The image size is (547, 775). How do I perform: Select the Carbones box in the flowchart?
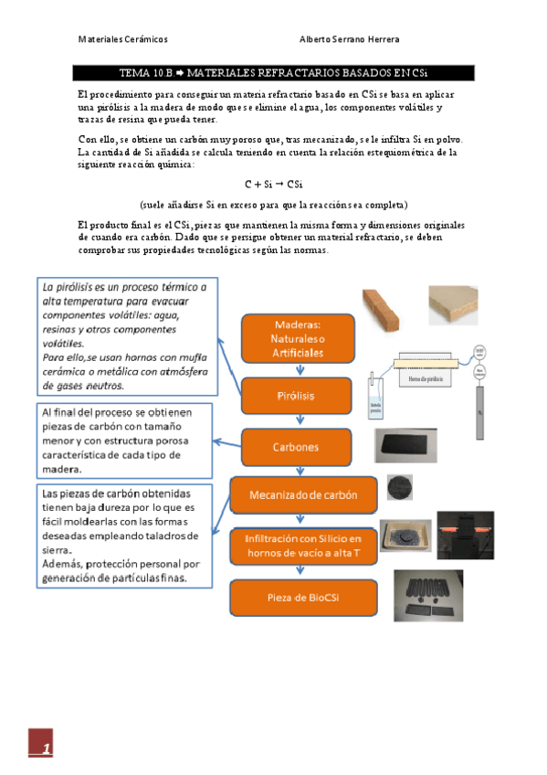[297, 448]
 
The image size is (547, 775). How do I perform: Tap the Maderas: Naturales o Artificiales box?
[299, 338]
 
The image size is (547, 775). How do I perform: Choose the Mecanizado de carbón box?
[304, 495]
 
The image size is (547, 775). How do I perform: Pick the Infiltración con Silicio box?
[304, 546]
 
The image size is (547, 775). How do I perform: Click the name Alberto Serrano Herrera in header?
[349, 39]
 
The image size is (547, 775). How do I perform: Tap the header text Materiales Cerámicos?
[122, 39]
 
